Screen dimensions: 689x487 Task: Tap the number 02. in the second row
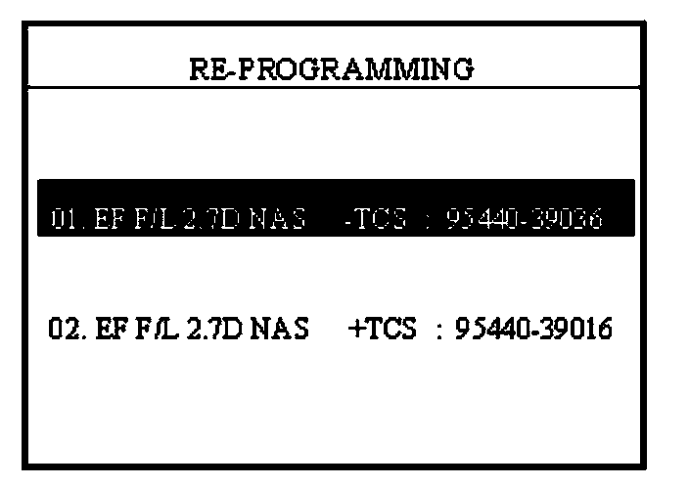[64, 329]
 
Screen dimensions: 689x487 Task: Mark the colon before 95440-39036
[428, 219]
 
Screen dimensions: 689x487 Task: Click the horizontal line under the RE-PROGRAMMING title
[333, 88]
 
